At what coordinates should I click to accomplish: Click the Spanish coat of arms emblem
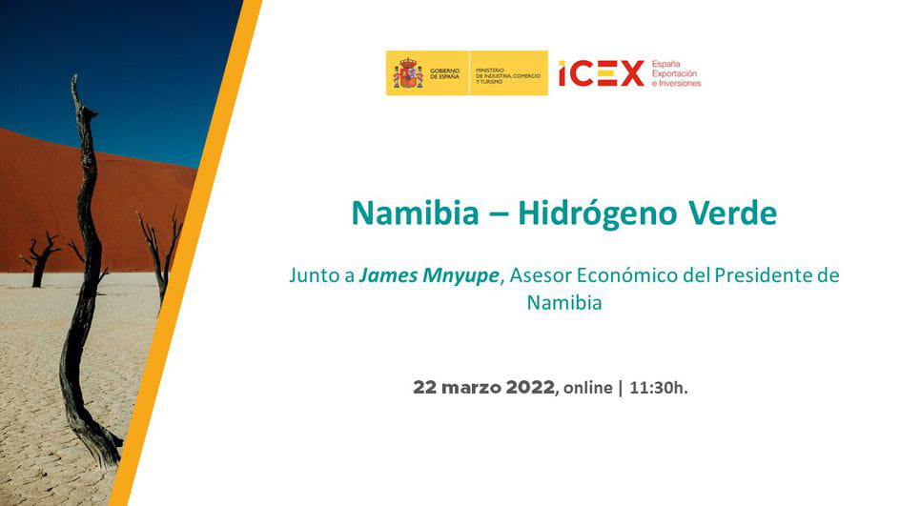point(407,72)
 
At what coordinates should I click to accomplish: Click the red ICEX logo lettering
point(601,73)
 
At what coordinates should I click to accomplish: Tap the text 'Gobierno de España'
point(445,73)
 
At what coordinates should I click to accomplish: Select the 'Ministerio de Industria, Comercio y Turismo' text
point(508,75)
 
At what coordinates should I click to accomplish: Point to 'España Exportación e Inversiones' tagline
point(676,73)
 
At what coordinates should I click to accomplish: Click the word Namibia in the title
point(415,213)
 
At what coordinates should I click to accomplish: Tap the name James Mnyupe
point(429,276)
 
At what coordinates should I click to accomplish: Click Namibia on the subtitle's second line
point(564,302)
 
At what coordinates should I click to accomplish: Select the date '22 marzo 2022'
point(484,387)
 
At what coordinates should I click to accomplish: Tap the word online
point(587,388)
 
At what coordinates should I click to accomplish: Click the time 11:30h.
point(659,388)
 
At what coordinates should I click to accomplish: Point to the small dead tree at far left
point(40,259)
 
